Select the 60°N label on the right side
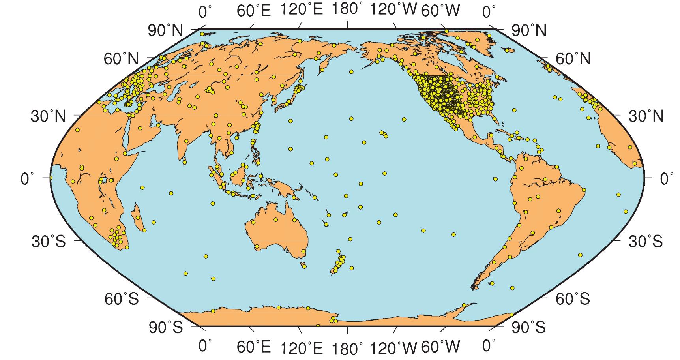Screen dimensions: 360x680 coord(573,59)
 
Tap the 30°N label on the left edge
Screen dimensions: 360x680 coord(49,116)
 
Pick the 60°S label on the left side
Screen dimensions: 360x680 coord(122,299)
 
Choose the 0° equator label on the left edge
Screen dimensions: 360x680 coord(29,178)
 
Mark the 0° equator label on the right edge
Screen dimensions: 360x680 coord(667,178)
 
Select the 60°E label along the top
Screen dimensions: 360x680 coord(254,11)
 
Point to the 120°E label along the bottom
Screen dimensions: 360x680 coord(301,348)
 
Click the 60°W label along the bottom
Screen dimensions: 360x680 coord(440,348)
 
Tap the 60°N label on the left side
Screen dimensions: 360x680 coord(121,59)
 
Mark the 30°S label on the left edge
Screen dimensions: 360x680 coord(49,241)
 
